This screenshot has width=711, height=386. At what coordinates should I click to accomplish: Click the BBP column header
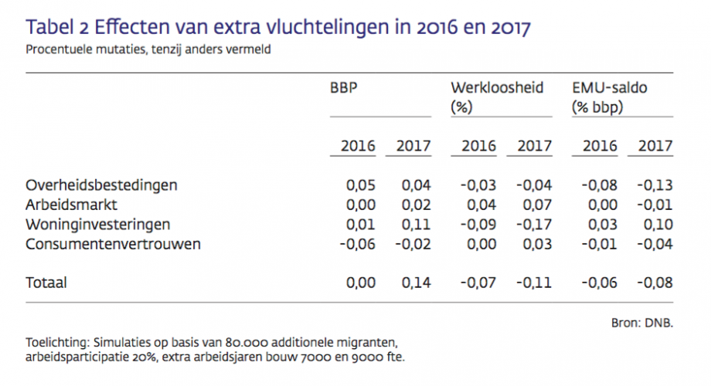pos(344,87)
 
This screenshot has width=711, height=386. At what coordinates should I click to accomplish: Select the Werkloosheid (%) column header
pos(497,97)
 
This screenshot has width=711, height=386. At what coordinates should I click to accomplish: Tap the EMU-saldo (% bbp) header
pos(610,97)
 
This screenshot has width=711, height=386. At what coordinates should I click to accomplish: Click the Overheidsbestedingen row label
pos(101,185)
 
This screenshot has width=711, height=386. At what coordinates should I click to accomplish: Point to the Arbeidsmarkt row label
pos(72,205)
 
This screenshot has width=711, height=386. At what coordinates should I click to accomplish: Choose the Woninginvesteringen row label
pos(98,225)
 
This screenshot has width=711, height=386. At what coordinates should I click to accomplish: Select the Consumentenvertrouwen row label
pos(113,244)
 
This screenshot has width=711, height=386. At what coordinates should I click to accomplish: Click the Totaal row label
pos(46,283)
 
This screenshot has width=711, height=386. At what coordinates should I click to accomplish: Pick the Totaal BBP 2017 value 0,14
pos(417,283)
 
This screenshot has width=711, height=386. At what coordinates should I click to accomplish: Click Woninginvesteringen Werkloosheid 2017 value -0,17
pos(534,225)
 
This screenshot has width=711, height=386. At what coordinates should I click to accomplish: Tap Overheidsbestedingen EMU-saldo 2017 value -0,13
pos(655,185)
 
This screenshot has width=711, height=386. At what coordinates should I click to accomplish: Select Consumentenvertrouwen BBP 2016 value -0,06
pos(358,244)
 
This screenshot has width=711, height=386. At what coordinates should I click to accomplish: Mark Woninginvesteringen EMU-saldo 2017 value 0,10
pos(658,225)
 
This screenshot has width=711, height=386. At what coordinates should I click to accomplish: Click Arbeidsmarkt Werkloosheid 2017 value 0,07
pos(537,205)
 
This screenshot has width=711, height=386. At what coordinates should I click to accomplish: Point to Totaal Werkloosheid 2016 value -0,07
pos(478,283)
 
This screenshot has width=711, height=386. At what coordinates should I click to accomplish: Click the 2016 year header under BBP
pos(359,146)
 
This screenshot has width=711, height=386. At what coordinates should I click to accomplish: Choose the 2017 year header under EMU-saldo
pos(655,146)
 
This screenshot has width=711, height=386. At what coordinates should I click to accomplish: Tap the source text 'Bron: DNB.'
pos(642,323)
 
